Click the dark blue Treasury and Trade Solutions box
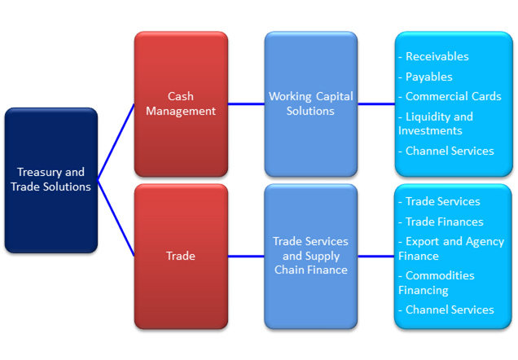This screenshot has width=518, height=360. (51, 180)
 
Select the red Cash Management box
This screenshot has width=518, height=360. (181, 104)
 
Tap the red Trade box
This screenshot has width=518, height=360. (181, 257)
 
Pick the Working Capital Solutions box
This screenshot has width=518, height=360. (311, 104)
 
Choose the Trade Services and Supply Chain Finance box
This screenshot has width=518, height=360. (311, 257)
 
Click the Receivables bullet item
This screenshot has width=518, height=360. (433, 56)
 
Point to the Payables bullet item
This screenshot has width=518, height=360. (425, 77)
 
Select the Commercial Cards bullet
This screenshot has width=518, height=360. (450, 96)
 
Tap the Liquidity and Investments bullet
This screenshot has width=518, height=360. (436, 123)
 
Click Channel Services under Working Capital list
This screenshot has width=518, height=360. (446, 151)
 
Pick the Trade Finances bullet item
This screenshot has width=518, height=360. (441, 222)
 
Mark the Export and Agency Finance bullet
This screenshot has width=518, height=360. (451, 248)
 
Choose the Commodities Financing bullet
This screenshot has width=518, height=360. (437, 283)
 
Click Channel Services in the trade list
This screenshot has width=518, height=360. (446, 310)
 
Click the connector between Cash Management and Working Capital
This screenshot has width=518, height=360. (246, 104)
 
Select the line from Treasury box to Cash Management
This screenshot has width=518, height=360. (116, 143)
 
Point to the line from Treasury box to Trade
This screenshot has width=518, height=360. (116, 218)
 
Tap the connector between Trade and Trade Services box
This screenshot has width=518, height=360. (246, 257)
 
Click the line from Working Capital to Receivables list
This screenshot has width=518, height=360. (376, 104)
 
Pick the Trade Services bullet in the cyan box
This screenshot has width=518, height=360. (439, 201)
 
